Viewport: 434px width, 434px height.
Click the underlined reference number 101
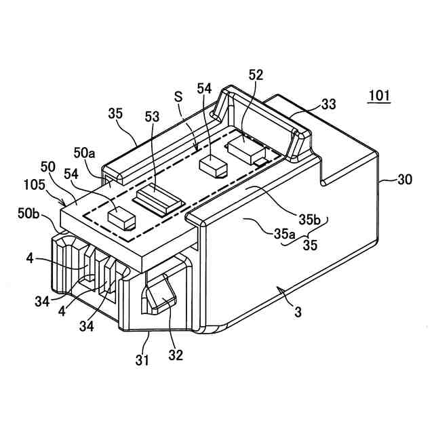click(x=378, y=95)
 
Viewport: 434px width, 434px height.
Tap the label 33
click(x=329, y=104)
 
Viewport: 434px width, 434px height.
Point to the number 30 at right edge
click(x=404, y=180)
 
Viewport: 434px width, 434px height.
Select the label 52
click(x=256, y=75)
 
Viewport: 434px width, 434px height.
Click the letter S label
click(x=178, y=97)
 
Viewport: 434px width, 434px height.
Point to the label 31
click(x=141, y=361)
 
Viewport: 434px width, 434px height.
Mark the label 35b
click(x=308, y=220)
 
